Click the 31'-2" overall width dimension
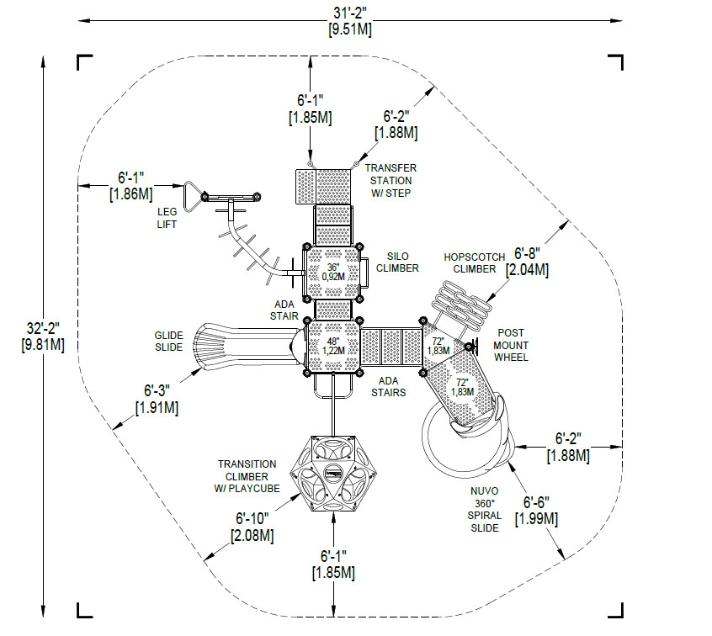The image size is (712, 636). click(x=349, y=20)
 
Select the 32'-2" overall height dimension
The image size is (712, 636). click(x=43, y=336)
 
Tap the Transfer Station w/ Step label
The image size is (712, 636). click(x=391, y=181)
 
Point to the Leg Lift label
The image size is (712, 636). click(x=167, y=218)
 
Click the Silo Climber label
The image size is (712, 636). click(x=397, y=262)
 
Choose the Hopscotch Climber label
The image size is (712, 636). click(x=475, y=263)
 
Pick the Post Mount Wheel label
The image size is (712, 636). click(x=511, y=346)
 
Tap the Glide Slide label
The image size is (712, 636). click(x=168, y=342)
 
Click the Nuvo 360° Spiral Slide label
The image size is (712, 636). click(x=485, y=509)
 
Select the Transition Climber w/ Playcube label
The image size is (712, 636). click(x=247, y=477)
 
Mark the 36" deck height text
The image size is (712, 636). click(x=333, y=272)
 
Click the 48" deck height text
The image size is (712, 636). click(x=333, y=346)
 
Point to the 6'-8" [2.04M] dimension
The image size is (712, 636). click(x=527, y=262)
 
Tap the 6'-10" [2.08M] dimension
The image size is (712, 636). click(x=252, y=527)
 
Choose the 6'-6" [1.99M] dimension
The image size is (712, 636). click(x=536, y=511)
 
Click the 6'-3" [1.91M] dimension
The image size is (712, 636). click(x=157, y=399)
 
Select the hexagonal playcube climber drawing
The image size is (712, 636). click(x=333, y=474)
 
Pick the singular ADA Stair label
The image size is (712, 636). click(x=284, y=310)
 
